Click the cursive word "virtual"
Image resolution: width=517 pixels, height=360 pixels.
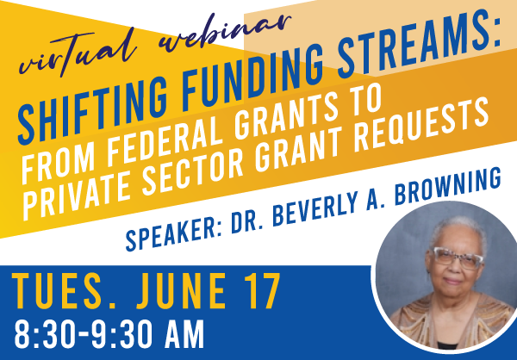[78, 53]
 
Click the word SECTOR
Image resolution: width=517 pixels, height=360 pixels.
[196, 172]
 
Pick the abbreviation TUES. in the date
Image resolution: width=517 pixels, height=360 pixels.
[64, 291]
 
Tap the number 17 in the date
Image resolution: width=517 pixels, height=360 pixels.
[262, 291]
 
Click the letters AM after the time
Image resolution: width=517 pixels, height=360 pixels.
[184, 334]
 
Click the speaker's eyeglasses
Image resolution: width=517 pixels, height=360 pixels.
[458, 258]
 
